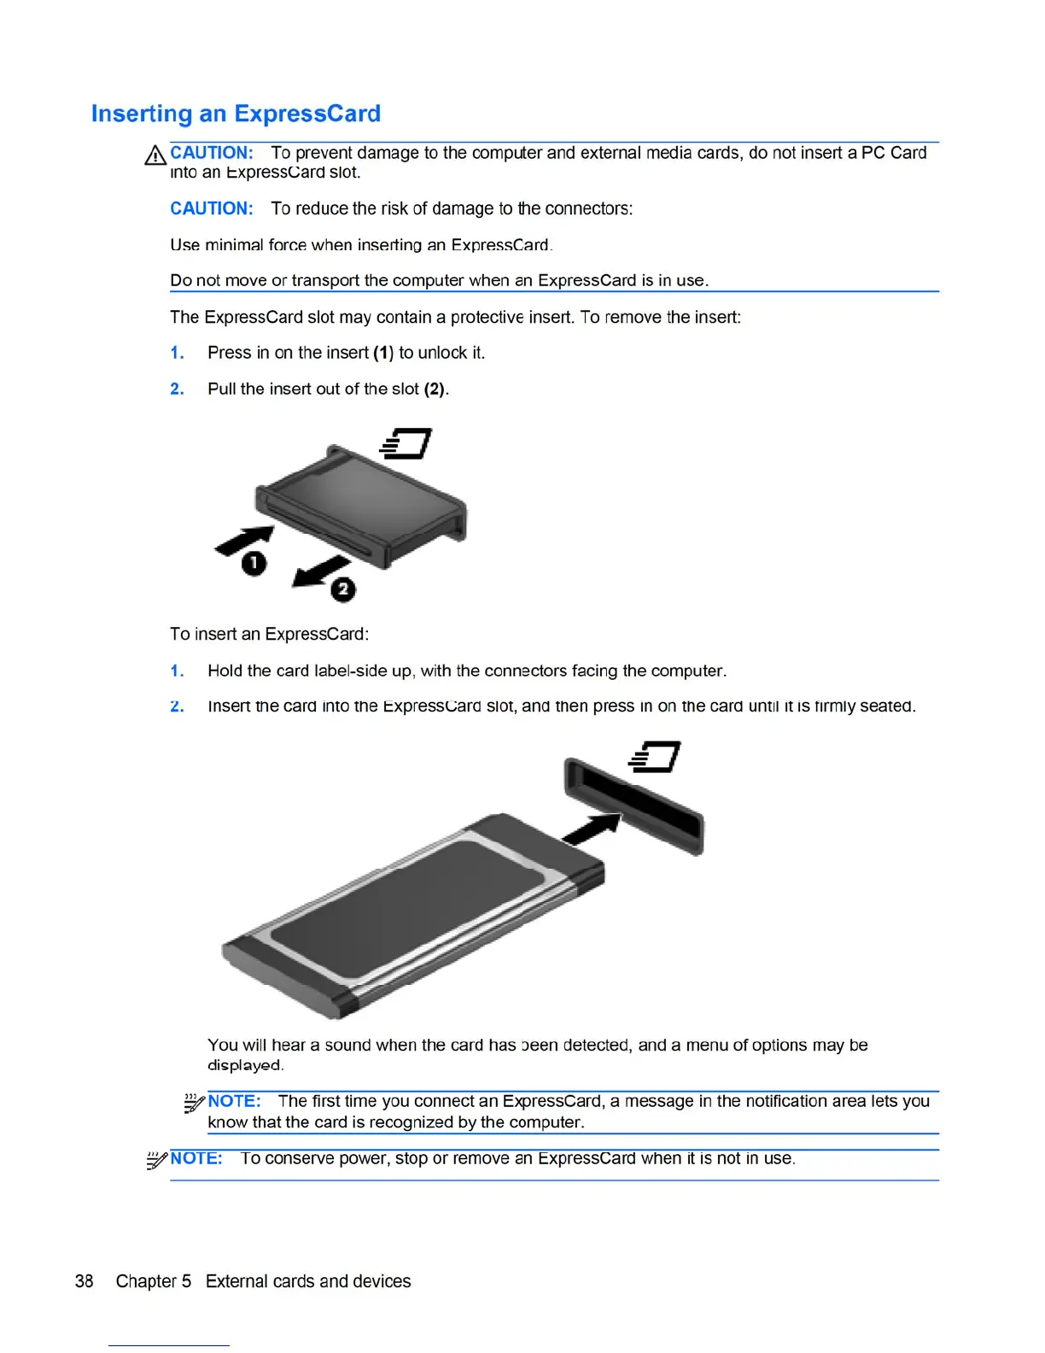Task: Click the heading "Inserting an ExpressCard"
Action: tap(236, 114)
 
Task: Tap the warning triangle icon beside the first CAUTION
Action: tap(155, 155)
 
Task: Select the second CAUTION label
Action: tap(211, 208)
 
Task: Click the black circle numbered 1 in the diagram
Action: tap(254, 563)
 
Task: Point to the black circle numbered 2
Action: tap(343, 589)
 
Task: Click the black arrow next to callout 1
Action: tap(246, 540)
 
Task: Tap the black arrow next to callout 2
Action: tap(321, 571)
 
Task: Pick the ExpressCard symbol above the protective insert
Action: tap(406, 443)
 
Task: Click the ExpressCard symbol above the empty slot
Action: tap(655, 757)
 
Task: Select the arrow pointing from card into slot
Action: tap(593, 829)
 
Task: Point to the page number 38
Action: tap(84, 1281)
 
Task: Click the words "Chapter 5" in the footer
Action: tap(154, 1281)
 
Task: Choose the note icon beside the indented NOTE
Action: tap(194, 1103)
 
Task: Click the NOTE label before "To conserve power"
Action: tap(196, 1158)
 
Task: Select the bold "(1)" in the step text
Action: tap(383, 353)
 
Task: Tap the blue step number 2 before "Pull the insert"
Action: tap(177, 389)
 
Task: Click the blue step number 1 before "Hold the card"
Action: tap(177, 671)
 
